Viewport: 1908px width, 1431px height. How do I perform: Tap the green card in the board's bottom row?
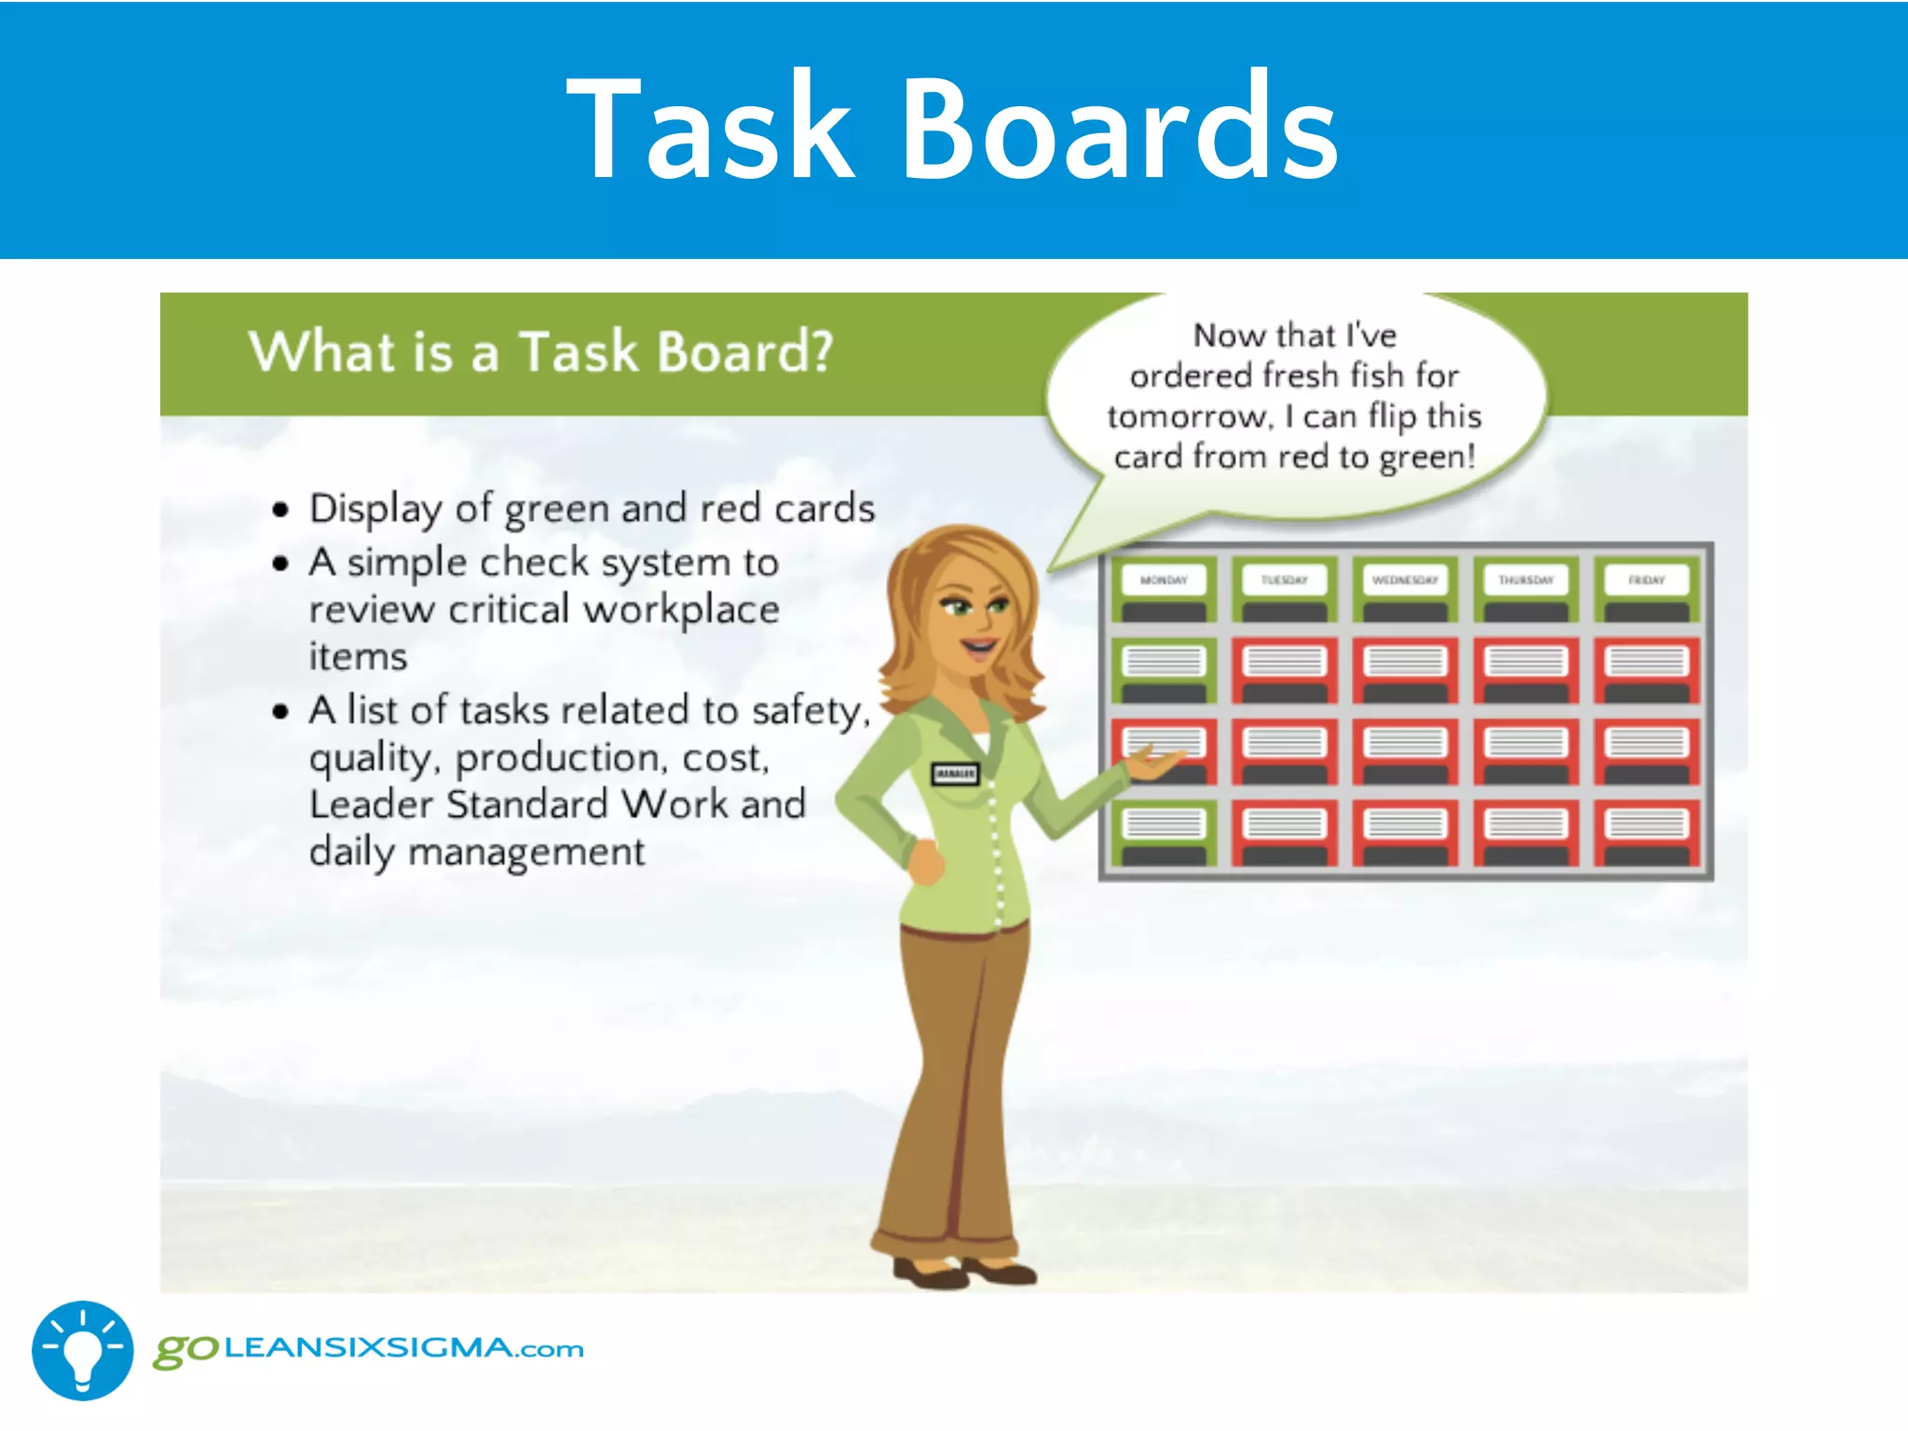coord(1164,832)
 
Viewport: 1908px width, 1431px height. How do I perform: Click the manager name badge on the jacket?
coord(955,773)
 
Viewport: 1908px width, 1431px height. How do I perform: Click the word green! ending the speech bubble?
coord(1427,457)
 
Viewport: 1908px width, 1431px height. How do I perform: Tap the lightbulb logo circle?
coord(82,1350)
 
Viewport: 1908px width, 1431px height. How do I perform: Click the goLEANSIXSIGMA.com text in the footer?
coord(369,1349)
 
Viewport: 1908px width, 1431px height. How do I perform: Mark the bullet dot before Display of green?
coord(280,510)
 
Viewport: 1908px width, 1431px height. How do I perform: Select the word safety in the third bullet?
coord(807,711)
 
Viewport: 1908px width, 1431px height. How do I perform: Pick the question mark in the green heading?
coord(818,352)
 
